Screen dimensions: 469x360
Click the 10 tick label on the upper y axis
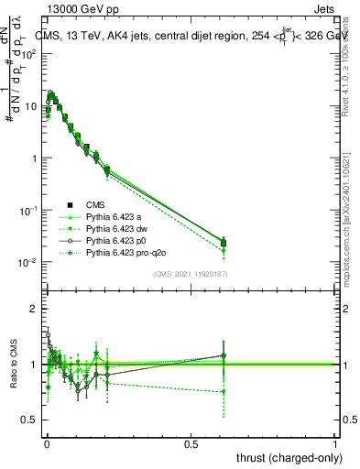[x=31, y=106]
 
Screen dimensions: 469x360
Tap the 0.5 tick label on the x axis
[x=191, y=443]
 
